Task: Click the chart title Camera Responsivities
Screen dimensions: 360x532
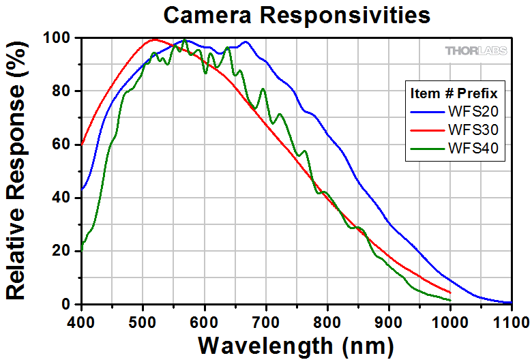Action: [x=297, y=14]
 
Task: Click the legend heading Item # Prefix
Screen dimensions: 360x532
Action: [x=453, y=93]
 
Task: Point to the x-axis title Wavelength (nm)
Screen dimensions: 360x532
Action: [x=295, y=343]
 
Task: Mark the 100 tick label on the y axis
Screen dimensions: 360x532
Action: [x=57, y=38]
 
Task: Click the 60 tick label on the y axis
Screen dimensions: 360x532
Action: [x=63, y=145]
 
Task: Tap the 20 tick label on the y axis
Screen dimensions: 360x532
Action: [x=63, y=251]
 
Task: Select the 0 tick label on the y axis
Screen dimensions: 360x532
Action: [x=68, y=304]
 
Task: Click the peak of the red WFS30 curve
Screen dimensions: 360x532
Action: [x=154, y=39]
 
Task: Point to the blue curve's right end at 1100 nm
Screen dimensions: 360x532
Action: [x=511, y=303]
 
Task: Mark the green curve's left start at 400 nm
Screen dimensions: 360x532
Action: [x=82, y=247]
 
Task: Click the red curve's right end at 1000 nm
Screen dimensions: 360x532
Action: [x=450, y=292]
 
